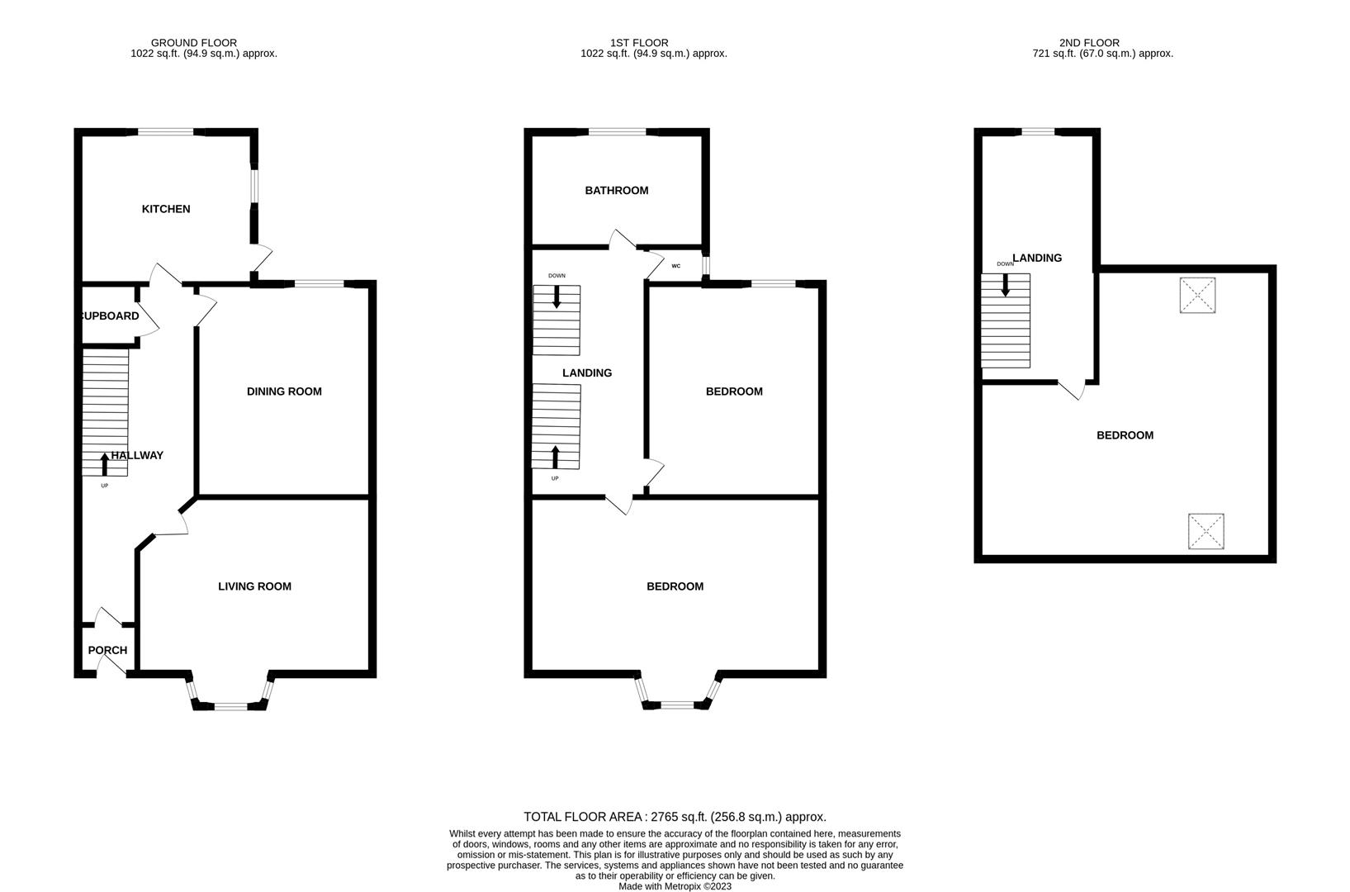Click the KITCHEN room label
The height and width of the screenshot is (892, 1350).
(x=166, y=209)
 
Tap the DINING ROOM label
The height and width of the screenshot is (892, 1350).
(x=284, y=391)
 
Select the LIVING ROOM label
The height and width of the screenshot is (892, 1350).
(x=254, y=586)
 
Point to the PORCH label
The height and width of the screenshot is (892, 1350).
(x=107, y=650)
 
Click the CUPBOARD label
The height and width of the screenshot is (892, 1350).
(x=109, y=316)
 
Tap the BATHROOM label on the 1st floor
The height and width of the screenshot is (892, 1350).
(x=617, y=191)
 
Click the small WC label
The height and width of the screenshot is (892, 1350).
(x=676, y=266)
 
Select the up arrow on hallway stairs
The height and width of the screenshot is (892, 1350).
(x=104, y=464)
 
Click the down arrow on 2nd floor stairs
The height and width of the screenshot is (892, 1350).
(x=1005, y=285)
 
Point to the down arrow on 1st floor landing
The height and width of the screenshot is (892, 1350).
(x=557, y=297)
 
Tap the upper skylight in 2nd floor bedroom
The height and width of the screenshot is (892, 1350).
(x=1197, y=295)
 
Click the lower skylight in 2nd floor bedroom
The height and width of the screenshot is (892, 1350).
(x=1206, y=531)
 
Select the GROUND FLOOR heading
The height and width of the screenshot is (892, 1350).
(x=194, y=43)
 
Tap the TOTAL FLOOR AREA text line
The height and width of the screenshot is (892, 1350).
(x=675, y=817)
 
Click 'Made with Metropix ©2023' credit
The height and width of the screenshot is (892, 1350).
(x=675, y=886)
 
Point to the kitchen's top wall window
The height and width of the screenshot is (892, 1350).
(x=166, y=131)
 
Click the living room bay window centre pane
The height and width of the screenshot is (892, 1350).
(x=230, y=705)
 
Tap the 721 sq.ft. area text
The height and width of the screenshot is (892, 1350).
(x=1102, y=54)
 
